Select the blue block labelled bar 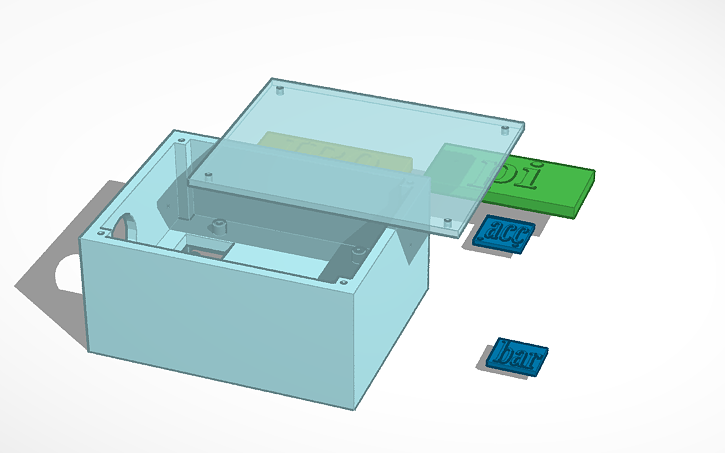click(x=518, y=356)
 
